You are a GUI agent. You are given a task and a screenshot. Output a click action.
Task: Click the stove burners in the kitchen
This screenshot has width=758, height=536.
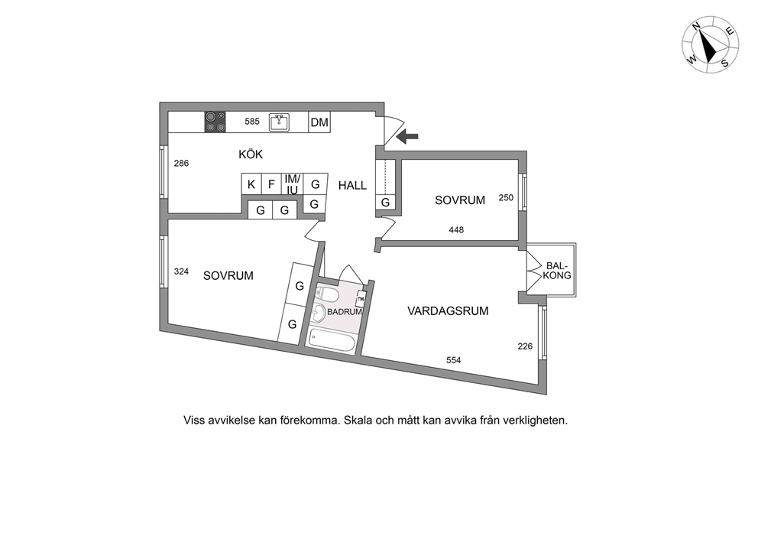215,122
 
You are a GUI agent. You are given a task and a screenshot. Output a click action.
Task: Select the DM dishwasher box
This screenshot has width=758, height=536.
319,122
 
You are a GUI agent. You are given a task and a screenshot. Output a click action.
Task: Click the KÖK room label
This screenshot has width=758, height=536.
251,154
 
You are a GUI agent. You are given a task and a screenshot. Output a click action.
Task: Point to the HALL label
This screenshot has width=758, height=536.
352,185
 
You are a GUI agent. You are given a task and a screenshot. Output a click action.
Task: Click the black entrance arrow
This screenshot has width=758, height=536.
407,137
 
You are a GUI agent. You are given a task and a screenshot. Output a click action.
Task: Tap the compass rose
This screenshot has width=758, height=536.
710,44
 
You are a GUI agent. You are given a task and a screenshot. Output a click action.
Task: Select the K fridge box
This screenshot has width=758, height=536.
251,184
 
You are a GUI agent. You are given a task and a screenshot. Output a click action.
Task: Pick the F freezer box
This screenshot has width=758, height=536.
272,184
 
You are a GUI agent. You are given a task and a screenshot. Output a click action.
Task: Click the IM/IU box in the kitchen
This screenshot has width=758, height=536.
293,184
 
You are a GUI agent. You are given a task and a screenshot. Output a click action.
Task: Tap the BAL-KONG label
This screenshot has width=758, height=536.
557,271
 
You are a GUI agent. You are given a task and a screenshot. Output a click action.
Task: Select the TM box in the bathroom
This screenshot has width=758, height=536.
360,300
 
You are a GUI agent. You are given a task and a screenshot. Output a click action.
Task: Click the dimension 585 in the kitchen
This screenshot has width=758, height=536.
252,122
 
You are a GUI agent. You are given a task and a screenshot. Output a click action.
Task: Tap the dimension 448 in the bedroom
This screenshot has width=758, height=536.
456,230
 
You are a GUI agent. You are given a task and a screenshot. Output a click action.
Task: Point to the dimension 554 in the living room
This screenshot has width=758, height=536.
453,360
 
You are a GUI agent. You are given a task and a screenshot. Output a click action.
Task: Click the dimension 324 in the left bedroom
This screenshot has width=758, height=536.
181,271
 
